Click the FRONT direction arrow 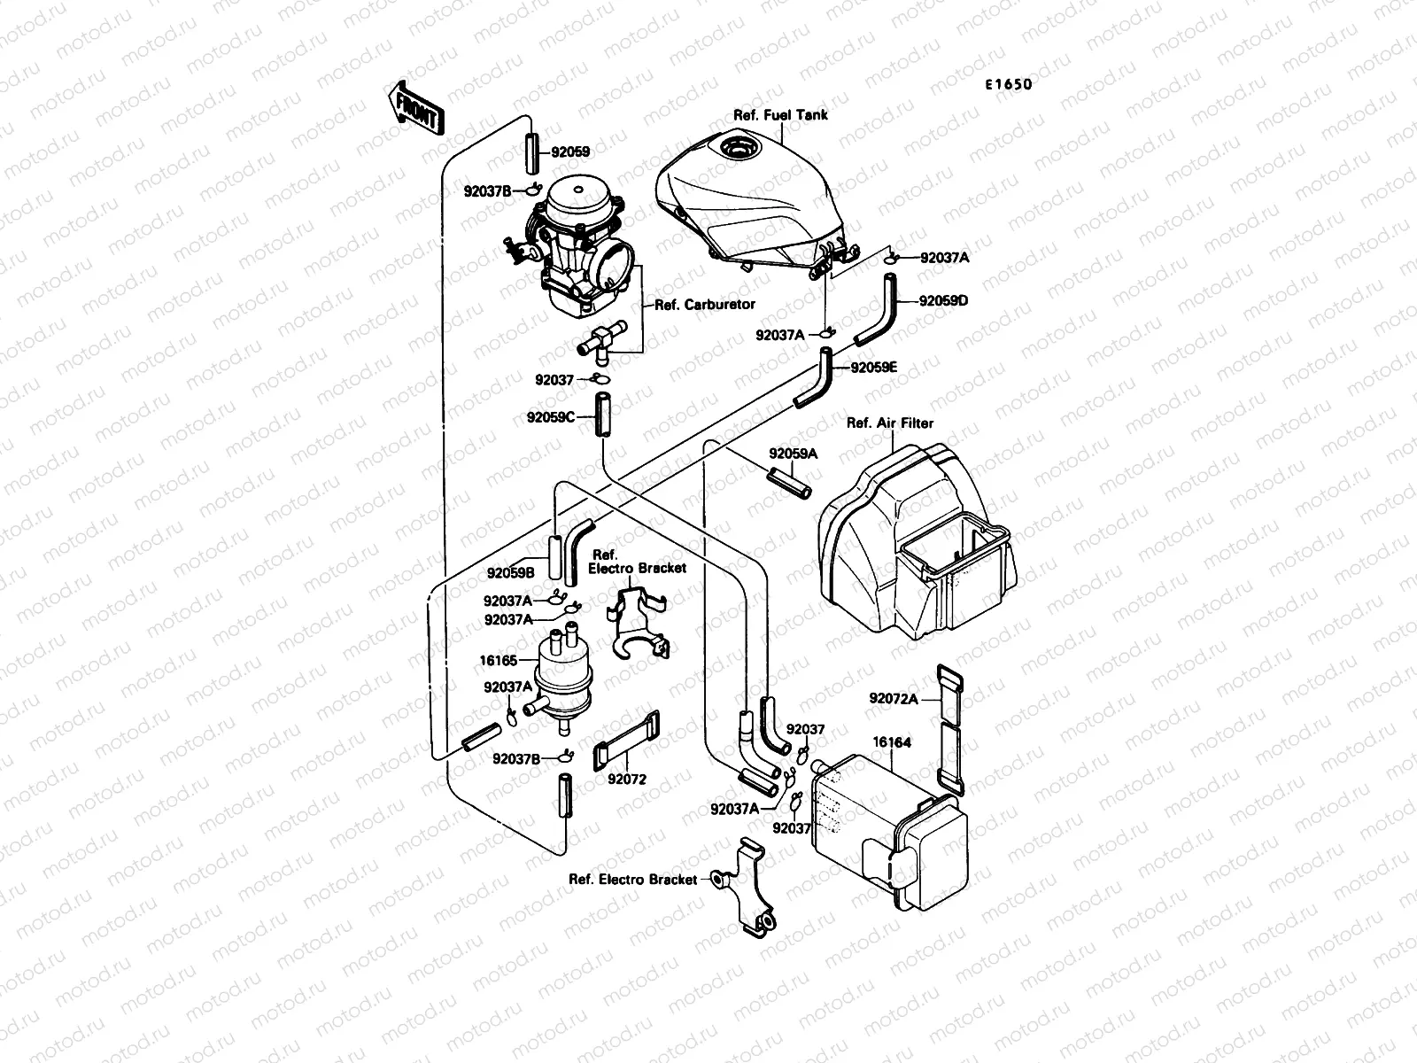point(414,107)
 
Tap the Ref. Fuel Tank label point(780,115)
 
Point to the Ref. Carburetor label point(704,304)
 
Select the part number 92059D point(943,300)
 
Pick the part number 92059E point(874,367)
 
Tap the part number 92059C point(551,415)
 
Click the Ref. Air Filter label point(890,423)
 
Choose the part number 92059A point(793,454)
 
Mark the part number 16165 point(499,661)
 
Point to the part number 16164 point(892,742)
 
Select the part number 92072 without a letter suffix point(626,780)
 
